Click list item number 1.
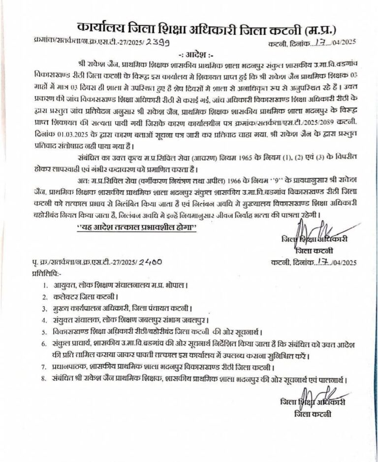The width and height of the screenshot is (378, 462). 45,285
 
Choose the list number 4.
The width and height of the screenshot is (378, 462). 45,320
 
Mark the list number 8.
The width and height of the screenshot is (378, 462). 45,380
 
